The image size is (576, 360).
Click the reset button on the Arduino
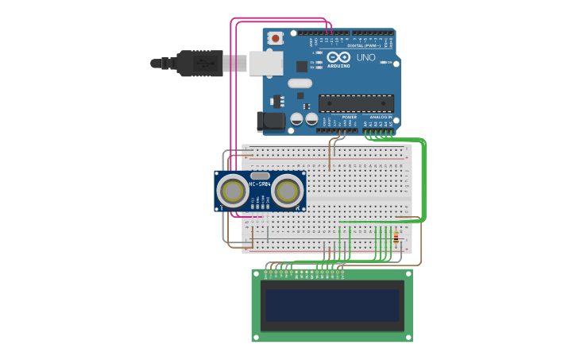276,37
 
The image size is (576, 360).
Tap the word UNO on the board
365,58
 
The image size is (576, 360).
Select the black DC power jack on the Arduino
269,121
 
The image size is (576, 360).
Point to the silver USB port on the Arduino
266,63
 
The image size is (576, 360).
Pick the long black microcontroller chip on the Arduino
356,103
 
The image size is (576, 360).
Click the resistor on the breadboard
396,237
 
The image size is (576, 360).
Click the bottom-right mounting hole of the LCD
408,336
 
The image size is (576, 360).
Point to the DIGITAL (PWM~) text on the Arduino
367,45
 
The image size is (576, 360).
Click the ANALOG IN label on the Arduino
378,117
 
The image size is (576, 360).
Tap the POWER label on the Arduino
350,117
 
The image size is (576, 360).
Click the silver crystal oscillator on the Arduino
300,83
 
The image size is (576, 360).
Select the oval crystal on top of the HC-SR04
260,176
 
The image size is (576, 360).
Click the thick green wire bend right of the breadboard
424,145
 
